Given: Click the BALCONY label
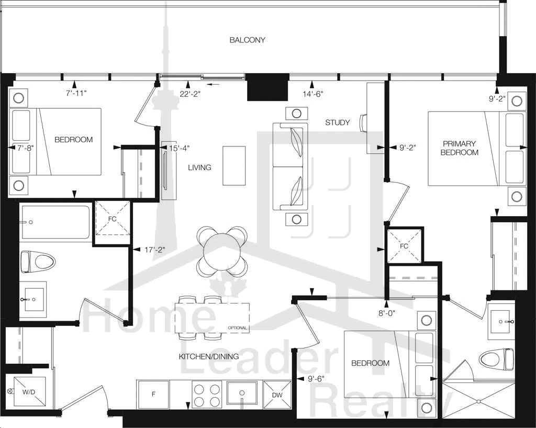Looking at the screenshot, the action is [247, 40].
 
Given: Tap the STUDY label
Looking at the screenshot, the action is [338, 122].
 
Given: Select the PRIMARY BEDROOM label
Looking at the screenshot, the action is [459, 148].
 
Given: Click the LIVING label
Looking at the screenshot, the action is [199, 167].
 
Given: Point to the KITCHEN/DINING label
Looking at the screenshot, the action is [209, 356].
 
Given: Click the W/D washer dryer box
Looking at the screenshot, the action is [29, 392].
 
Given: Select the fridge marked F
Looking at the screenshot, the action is [153, 394].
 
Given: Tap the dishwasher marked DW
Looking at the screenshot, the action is [277, 395].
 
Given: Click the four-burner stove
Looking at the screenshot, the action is [206, 395].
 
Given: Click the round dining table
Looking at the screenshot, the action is [222, 251].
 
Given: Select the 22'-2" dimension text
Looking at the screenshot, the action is [190, 94].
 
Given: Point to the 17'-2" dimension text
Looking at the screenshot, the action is [154, 250].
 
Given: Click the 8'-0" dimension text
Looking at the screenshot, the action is [387, 313].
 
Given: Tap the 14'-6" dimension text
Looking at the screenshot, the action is [312, 94].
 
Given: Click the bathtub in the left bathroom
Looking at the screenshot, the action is [55, 222].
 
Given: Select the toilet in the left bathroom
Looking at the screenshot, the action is [38, 262].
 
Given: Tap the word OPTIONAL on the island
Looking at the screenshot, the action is [237, 328].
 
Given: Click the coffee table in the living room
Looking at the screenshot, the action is [234, 166].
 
